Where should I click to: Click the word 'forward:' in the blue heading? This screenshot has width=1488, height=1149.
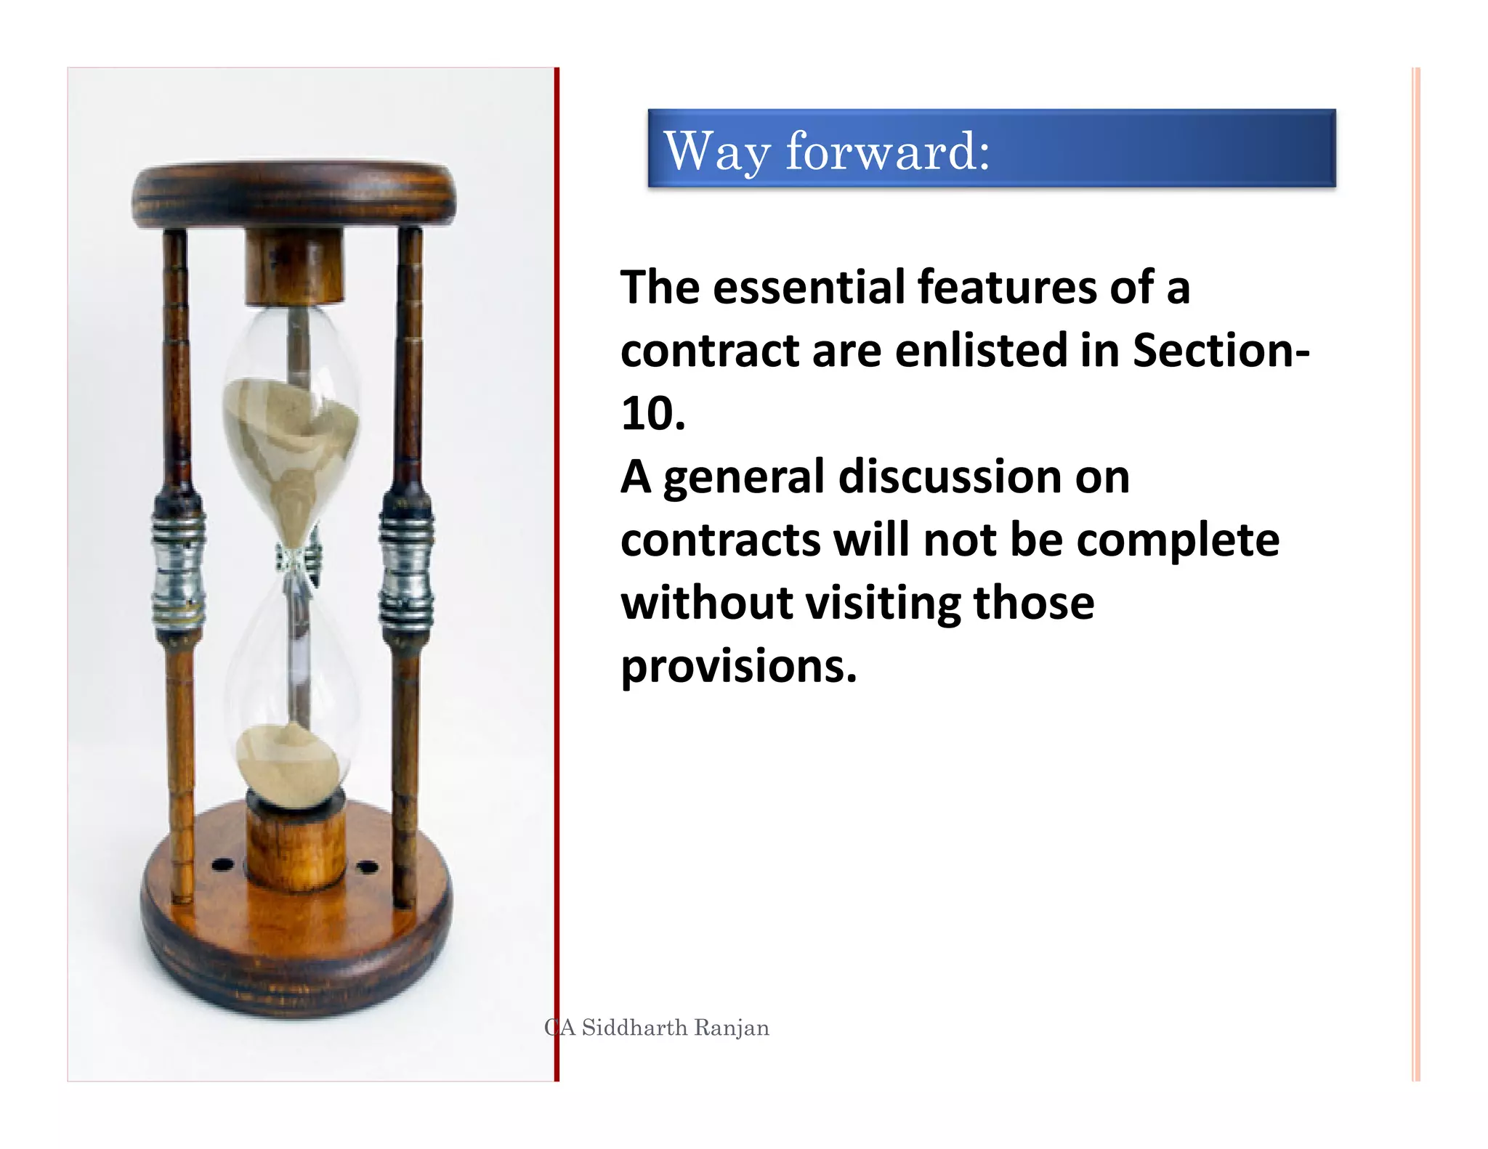(x=887, y=151)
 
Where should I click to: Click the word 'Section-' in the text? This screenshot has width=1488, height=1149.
(x=1221, y=350)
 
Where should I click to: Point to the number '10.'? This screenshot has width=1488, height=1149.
(x=652, y=414)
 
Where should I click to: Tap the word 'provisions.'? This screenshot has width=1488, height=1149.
(x=738, y=666)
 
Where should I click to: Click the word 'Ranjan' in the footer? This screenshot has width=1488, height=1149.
(x=732, y=1028)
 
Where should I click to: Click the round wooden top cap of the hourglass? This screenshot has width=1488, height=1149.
(x=294, y=192)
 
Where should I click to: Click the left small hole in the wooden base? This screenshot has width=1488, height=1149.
(x=222, y=865)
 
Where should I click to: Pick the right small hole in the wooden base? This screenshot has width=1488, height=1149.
(x=368, y=867)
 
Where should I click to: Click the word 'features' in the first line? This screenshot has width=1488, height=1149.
(x=1006, y=287)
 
